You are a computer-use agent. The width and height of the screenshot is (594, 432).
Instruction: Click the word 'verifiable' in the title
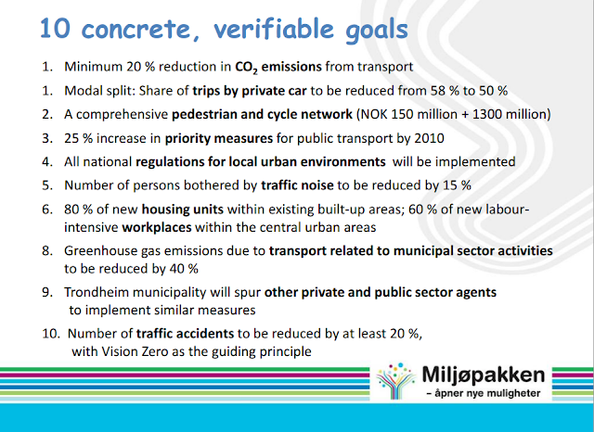click(x=274, y=29)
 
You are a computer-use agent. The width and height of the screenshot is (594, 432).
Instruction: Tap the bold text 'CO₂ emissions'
click(x=278, y=67)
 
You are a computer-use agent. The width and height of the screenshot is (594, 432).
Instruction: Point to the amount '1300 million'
click(x=509, y=114)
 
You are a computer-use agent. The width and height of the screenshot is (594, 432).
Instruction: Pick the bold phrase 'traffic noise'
click(x=297, y=185)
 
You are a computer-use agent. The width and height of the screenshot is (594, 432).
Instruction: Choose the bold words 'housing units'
click(x=183, y=210)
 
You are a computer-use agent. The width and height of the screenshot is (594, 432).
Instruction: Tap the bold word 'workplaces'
click(x=157, y=228)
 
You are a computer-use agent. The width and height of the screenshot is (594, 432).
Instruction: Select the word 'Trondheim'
click(x=97, y=292)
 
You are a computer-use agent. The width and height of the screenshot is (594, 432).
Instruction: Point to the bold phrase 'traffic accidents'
click(x=186, y=334)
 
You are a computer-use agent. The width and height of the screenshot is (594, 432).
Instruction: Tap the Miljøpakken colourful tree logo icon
click(x=396, y=381)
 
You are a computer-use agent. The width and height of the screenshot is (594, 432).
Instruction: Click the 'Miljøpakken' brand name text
click(x=484, y=375)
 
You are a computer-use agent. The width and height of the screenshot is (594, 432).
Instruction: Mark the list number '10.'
click(x=51, y=334)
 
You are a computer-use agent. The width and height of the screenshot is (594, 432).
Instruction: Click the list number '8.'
click(x=47, y=251)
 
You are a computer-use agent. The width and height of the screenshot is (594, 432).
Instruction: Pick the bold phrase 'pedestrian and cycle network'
click(x=262, y=114)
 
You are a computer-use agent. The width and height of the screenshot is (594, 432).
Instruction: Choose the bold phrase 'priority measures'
click(x=219, y=138)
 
